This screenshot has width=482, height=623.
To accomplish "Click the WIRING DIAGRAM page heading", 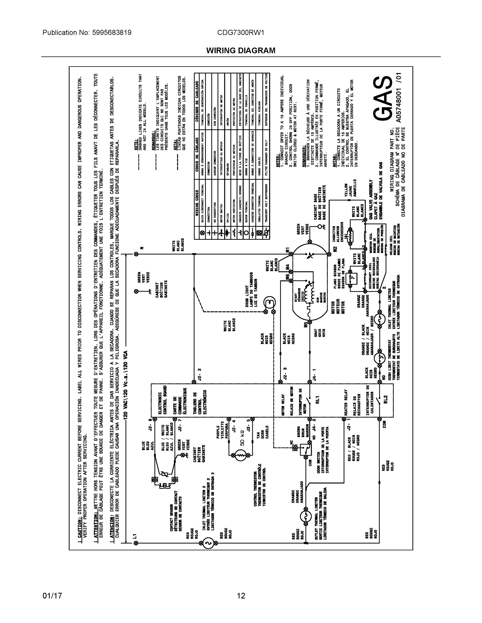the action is tap(241, 51).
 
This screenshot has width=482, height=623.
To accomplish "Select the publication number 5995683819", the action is tap(112, 32).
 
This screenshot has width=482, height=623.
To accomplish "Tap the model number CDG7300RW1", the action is tap(240, 32).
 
